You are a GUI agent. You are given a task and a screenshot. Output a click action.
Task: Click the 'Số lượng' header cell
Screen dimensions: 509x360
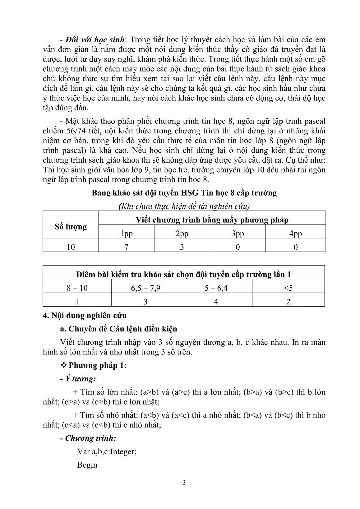click(71, 227)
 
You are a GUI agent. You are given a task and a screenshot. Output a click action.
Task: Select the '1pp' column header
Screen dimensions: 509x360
click(126, 234)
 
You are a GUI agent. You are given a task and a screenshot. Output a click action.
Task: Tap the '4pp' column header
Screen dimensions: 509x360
click(295, 234)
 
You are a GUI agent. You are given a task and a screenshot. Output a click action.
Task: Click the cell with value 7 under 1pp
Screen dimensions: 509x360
click(126, 247)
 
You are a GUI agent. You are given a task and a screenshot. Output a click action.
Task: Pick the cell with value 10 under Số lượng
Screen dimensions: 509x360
click(71, 247)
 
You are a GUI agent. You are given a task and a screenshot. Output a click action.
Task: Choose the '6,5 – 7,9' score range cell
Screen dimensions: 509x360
click(145, 288)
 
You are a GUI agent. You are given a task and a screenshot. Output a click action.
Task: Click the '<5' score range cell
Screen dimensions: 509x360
click(288, 288)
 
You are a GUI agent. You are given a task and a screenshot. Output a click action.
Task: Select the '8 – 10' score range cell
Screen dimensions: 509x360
click(77, 288)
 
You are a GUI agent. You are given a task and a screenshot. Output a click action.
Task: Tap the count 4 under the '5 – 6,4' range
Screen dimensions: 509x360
click(216, 302)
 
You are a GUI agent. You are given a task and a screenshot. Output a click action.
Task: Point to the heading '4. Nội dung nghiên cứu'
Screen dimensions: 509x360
click(85, 315)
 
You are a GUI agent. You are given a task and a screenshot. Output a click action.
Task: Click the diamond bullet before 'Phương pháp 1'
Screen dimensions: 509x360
click(64, 365)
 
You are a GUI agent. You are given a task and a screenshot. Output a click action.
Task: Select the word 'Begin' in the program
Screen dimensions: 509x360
click(87, 465)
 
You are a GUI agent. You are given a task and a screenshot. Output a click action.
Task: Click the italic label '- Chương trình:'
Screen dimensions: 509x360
click(88, 438)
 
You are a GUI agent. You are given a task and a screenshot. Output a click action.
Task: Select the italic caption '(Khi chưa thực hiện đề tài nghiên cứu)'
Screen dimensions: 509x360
click(184, 206)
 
